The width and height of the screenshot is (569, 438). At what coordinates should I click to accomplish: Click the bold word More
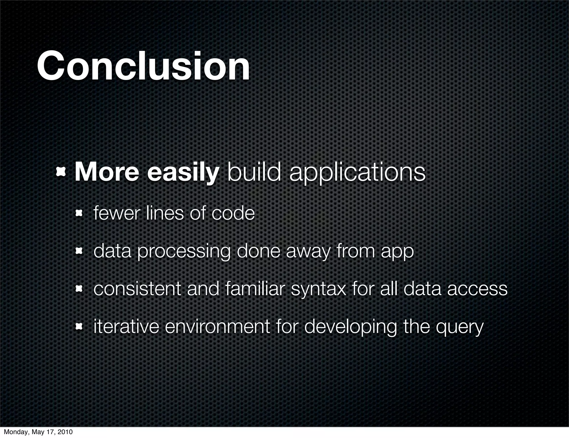(x=106, y=173)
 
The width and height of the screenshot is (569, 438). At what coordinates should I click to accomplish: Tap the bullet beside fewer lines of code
(x=79, y=213)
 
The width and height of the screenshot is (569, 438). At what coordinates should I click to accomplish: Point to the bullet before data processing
(x=79, y=251)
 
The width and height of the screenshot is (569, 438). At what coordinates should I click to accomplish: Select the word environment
(x=217, y=327)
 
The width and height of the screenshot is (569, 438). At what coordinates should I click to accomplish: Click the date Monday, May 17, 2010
(x=38, y=432)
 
